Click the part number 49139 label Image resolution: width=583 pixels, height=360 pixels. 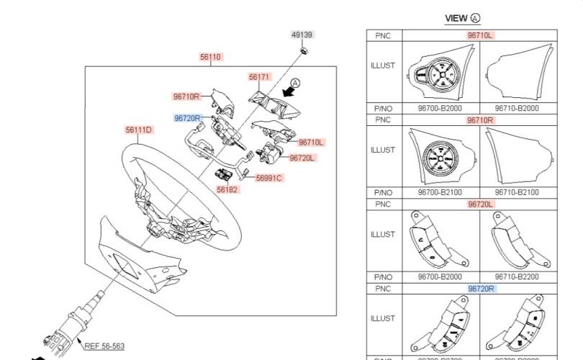tap(302, 35)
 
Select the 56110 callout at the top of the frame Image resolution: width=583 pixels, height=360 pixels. tap(211, 56)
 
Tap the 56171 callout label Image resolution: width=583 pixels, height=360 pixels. tap(259, 76)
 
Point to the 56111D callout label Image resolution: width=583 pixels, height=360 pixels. tap(138, 130)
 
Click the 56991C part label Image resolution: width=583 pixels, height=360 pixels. tap(269, 177)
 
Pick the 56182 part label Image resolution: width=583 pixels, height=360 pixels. tap(227, 189)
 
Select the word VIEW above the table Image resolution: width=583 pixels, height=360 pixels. tap(456, 18)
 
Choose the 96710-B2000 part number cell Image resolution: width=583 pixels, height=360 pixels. tap(517, 107)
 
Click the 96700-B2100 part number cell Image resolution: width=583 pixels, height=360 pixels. tap(440, 193)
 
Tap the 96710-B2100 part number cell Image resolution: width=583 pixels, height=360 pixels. tap(517, 193)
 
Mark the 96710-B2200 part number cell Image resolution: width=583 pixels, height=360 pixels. tap(517, 277)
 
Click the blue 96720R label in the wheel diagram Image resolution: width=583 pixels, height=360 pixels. tap(187, 117)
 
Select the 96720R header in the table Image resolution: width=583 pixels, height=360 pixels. tap(482, 289)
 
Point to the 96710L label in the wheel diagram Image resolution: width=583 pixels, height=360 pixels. tap(311, 143)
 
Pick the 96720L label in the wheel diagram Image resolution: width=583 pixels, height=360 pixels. tap(302, 158)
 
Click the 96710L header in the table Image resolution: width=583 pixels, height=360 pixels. tap(480, 35)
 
